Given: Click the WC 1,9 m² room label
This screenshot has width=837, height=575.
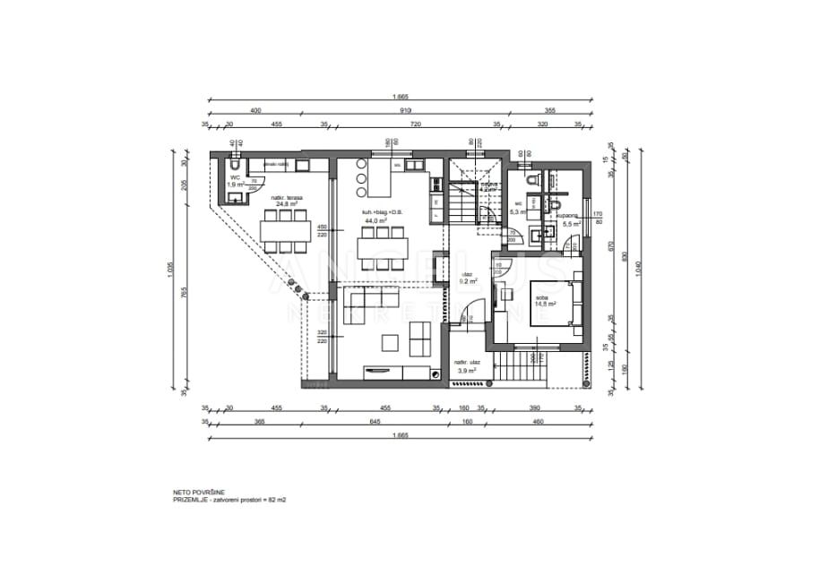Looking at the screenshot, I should (235, 181).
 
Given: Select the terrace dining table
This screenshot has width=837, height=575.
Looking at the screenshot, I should (285, 230).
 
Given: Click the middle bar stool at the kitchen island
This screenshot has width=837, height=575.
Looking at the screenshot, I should (362, 177).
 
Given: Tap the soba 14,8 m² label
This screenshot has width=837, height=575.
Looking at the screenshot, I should (544, 300).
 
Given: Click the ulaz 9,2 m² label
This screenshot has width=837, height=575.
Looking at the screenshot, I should (467, 278).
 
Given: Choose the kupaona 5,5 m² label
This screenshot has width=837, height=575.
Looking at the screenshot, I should (565, 219).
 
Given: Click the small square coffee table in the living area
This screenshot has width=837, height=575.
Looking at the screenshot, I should (390, 341).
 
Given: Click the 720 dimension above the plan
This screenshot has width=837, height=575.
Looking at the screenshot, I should (415, 125).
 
